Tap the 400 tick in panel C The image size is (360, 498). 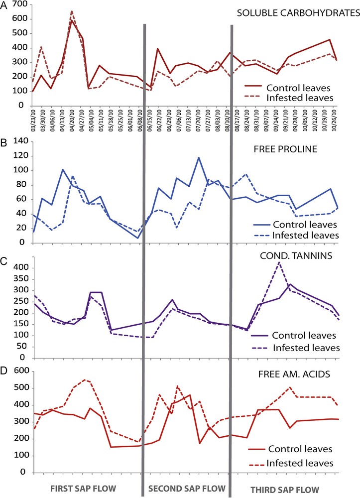[20, 267]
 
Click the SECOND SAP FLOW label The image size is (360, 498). [187, 486]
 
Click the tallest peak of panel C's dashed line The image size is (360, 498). [279, 262]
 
